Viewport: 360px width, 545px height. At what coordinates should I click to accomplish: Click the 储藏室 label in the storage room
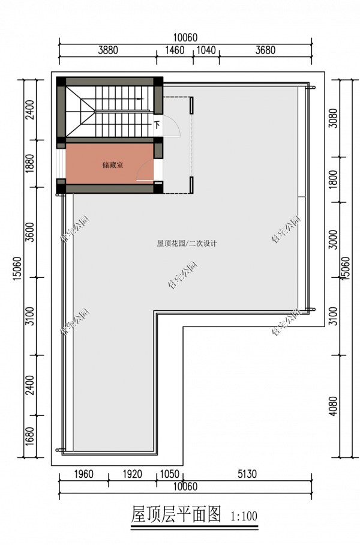pyautogui.click(x=112, y=164)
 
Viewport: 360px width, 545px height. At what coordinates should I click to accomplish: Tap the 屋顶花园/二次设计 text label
pyautogui.click(x=187, y=244)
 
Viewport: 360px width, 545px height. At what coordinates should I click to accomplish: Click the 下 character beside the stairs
pyautogui.click(x=157, y=125)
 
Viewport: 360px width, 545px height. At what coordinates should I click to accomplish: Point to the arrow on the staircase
pyautogui.click(x=140, y=99)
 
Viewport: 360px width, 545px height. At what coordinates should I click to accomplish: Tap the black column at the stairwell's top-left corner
pyautogui.click(x=61, y=82)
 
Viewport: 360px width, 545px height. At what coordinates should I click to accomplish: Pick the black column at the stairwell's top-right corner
pyautogui.click(x=158, y=82)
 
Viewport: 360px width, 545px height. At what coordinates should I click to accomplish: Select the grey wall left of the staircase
pyautogui.click(x=61, y=111)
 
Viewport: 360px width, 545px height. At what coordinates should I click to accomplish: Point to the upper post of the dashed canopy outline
pyautogui.click(x=191, y=106)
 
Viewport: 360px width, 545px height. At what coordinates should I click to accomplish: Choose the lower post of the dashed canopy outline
pyautogui.click(x=191, y=185)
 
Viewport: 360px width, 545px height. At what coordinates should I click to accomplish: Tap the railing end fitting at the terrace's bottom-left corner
pyautogui.click(x=58, y=450)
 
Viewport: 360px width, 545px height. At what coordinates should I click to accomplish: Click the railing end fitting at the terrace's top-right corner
pyautogui.click(x=311, y=88)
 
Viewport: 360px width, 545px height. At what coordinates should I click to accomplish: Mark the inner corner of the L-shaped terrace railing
pyautogui.click(x=155, y=313)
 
